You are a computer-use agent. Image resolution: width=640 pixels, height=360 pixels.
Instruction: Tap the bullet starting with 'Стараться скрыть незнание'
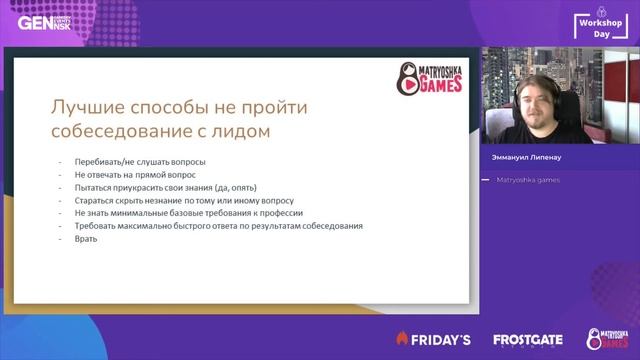tap(183, 200)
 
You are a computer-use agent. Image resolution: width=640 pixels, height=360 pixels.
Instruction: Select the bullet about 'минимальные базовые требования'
tap(187, 213)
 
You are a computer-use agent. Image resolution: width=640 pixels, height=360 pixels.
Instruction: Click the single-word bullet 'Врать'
tap(87, 239)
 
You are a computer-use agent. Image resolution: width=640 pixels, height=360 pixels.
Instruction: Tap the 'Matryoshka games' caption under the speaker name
tap(528, 180)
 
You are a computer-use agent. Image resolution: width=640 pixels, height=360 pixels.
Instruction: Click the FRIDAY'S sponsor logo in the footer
tap(433, 340)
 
